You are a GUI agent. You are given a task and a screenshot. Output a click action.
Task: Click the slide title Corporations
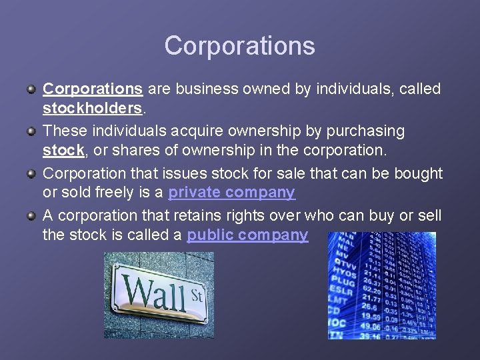[x=239, y=46]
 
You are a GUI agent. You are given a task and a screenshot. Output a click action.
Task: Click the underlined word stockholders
[x=92, y=108]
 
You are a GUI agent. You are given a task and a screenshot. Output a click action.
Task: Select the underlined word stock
[x=63, y=151]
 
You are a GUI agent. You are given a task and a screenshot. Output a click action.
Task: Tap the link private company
[x=231, y=193]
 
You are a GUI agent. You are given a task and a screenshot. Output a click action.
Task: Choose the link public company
[x=247, y=235]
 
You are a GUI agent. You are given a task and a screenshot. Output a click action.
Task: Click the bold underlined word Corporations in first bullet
[x=93, y=89]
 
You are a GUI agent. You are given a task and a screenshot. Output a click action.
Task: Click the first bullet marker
[x=31, y=89]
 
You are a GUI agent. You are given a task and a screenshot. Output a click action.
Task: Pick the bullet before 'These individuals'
[x=31, y=131]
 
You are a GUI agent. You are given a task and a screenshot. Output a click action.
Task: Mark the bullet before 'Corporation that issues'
[x=31, y=173]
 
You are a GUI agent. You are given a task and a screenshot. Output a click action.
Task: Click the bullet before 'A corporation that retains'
[x=31, y=215]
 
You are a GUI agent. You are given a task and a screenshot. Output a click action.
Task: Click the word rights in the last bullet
[x=251, y=215]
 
